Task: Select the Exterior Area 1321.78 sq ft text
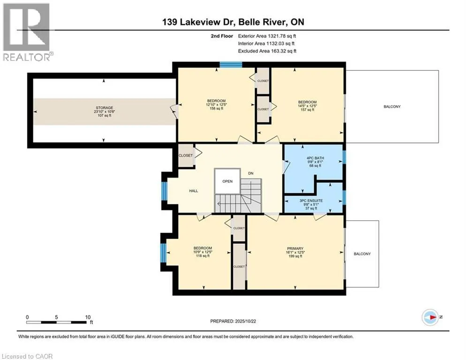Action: click(x=267, y=36)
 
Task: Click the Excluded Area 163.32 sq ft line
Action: click(x=267, y=51)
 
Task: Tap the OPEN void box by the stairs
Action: click(x=227, y=181)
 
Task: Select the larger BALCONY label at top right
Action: click(x=392, y=106)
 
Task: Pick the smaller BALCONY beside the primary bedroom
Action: click(x=361, y=254)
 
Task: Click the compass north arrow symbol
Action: click(x=430, y=317)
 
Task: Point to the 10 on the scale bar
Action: click(x=88, y=317)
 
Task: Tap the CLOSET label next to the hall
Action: click(x=185, y=156)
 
